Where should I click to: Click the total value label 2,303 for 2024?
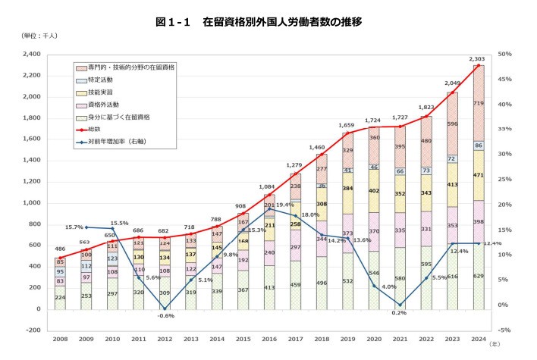(x=477, y=58)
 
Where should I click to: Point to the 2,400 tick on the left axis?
(x=30, y=55)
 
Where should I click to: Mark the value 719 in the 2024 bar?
(x=478, y=102)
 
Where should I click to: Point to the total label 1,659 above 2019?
(x=347, y=125)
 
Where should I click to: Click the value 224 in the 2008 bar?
(x=60, y=297)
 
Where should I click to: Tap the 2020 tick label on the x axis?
(x=373, y=340)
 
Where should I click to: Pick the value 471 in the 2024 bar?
(x=478, y=175)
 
